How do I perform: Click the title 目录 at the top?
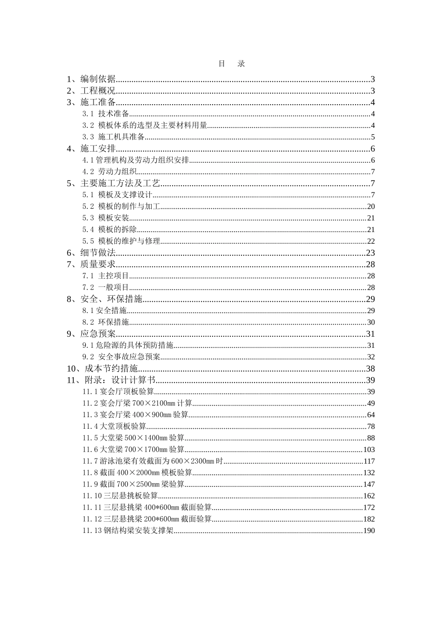pos(231,64)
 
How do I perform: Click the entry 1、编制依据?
pos(92,79)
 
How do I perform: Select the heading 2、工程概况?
pos(92,91)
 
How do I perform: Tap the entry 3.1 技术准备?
pos(106,114)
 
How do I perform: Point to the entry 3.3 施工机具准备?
pos(114,137)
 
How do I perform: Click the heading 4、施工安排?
pos(92,149)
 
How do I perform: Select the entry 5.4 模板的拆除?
pos(110,229)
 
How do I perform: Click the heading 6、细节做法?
pos(92,253)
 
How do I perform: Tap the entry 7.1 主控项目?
pos(106,276)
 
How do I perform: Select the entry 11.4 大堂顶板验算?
pos(114,426)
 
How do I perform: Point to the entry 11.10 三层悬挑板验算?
pos(120,496)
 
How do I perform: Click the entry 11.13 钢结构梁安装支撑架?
pos(128,531)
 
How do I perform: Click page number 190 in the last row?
pos(369,531)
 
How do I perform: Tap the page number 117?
pos(369,461)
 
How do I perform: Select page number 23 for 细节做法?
pos(370,253)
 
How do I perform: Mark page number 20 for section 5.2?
pos(371,206)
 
